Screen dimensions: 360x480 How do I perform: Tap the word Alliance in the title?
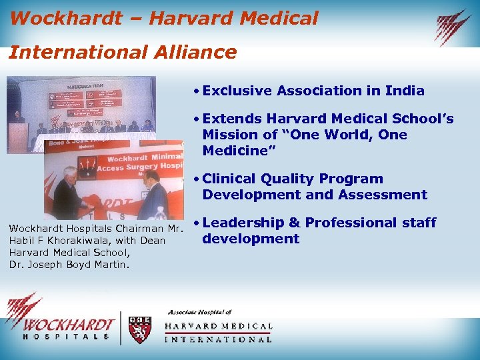199,52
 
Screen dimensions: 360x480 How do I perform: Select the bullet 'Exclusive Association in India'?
313,91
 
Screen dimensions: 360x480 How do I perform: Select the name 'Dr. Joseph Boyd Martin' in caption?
63,264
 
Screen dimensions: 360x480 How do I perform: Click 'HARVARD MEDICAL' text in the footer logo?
219,327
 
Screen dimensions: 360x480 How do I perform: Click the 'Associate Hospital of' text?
199,312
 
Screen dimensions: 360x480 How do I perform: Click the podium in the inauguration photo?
18,137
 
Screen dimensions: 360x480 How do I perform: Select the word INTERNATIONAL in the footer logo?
219,339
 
